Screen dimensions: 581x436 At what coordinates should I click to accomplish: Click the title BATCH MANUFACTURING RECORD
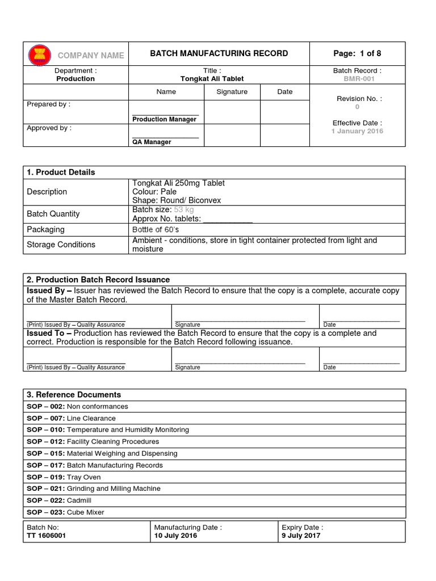tap(219, 53)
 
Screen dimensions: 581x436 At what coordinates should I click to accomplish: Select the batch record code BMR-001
tap(357, 79)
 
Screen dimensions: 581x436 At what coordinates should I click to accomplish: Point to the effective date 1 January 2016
tap(357, 131)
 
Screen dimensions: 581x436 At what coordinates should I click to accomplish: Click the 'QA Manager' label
tap(152, 142)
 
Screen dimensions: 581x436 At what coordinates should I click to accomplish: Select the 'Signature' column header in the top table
tap(232, 91)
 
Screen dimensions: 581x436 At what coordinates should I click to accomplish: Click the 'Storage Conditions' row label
tap(61, 245)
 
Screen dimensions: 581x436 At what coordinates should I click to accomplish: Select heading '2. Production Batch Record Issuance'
tap(98, 280)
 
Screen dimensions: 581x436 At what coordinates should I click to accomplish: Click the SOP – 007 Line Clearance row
tap(71, 418)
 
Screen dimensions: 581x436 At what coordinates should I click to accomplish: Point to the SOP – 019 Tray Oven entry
tap(64, 477)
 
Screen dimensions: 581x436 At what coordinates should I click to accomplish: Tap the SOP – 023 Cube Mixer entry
tap(65, 512)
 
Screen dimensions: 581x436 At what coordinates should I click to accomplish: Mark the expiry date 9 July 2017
tap(301, 536)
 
